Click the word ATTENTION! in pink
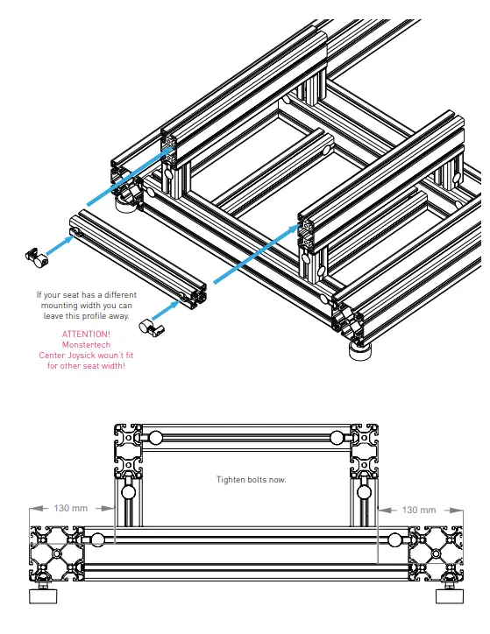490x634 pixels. pos(86,335)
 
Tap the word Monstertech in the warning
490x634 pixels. pos(86,345)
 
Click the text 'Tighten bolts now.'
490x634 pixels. pos(251,480)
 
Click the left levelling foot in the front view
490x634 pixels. pos(41,596)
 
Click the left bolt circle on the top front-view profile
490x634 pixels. pos(155,438)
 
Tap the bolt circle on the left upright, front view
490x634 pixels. pos(130,493)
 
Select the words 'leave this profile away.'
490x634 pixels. pos(86,315)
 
